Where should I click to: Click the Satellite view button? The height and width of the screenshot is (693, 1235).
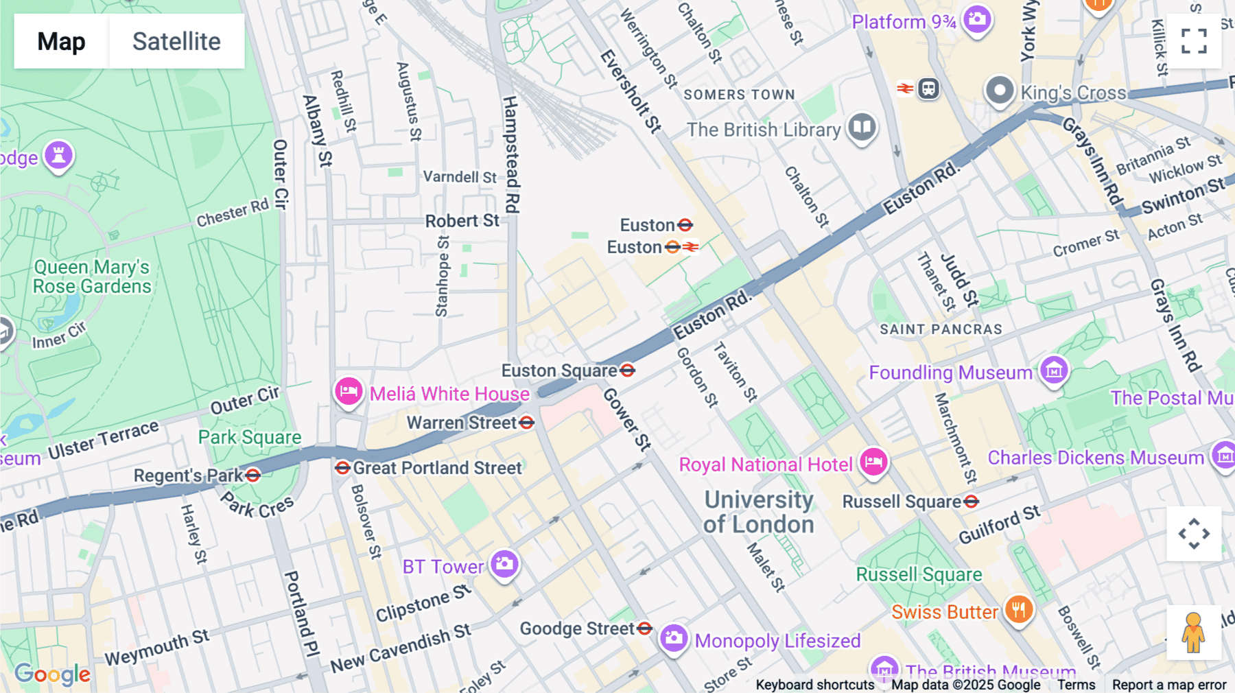[x=176, y=41]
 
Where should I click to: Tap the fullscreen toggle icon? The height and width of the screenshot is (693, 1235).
[x=1194, y=41]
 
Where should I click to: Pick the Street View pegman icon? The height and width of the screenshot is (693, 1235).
[x=1193, y=633]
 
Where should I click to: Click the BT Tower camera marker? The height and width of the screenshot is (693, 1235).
[x=504, y=564]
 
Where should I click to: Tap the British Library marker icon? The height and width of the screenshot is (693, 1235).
[x=862, y=127]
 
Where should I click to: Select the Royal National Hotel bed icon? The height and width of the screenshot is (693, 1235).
[x=873, y=462]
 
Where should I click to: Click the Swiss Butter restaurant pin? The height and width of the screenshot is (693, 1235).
[x=1019, y=609]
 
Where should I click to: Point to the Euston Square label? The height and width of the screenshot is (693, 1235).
[x=559, y=371]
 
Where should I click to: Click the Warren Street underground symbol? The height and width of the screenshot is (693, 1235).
[x=527, y=423]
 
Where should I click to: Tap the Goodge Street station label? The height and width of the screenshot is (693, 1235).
[x=576, y=629]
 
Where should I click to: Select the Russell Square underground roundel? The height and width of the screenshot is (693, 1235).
[x=971, y=502]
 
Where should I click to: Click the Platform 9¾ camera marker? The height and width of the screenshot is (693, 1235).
[x=977, y=19]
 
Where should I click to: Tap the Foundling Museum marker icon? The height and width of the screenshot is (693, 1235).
[x=1054, y=370]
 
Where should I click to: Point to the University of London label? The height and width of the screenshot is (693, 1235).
[x=759, y=512]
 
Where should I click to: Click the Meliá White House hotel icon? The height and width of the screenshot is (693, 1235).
[x=349, y=392]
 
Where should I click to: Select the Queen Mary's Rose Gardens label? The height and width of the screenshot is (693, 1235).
[x=92, y=277]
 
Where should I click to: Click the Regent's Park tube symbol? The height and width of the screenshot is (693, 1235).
[x=253, y=475]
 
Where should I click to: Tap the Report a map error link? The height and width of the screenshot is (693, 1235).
[x=1168, y=685]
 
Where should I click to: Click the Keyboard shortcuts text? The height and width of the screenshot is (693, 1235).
[x=814, y=685]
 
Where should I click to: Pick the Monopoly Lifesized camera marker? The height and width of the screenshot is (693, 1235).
[x=673, y=638]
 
